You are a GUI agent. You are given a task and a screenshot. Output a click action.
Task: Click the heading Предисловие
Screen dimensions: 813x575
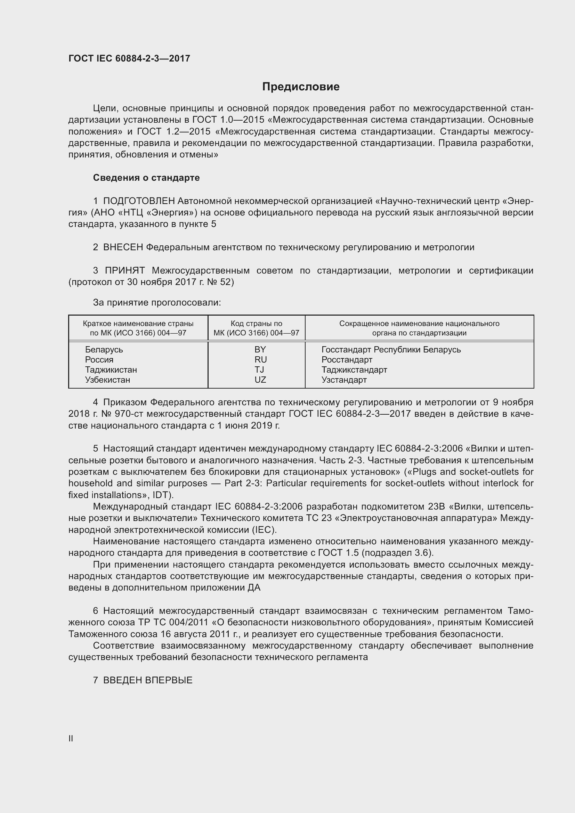(x=301, y=87)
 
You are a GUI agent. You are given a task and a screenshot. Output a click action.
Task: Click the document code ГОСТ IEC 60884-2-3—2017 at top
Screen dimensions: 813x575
(x=129, y=58)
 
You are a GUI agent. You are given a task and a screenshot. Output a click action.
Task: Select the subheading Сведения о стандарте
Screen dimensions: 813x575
(x=146, y=178)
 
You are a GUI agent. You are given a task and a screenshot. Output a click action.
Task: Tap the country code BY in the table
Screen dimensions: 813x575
(x=260, y=349)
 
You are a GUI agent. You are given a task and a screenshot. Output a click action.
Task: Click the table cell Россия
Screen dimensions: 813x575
(x=99, y=360)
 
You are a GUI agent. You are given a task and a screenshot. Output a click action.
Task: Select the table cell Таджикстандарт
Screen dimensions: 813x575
(x=354, y=370)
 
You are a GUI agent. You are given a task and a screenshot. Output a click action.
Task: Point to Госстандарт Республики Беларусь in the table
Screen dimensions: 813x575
(x=391, y=349)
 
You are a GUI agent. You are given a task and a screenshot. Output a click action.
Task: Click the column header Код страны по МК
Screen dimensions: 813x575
(x=256, y=328)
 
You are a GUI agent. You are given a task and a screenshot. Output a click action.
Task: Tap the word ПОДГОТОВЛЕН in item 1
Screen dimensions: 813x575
(x=139, y=201)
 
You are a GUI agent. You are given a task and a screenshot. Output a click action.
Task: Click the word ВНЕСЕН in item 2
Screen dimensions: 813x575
(x=123, y=247)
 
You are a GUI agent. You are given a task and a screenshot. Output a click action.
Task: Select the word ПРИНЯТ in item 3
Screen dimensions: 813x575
(x=125, y=271)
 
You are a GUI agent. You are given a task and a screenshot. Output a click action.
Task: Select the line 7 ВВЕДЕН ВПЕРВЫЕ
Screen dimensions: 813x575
(x=143, y=680)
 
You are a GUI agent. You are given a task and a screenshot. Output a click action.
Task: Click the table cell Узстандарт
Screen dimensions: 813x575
(x=344, y=380)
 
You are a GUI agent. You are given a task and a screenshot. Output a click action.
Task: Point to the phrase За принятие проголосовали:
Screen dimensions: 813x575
(x=157, y=302)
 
